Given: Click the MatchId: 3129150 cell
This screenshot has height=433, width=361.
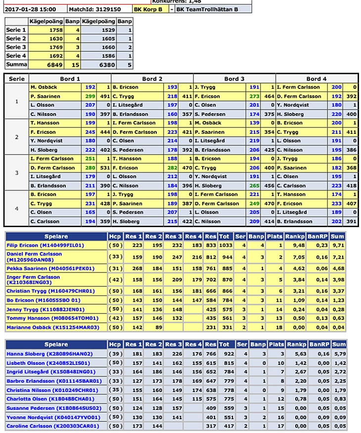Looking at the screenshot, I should [99, 9].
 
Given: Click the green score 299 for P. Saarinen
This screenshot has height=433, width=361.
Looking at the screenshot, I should [90, 96].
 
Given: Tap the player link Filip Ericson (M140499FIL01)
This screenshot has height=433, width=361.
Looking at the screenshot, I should [45, 245].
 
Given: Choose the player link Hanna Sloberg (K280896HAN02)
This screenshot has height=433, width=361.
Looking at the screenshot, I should [43, 354].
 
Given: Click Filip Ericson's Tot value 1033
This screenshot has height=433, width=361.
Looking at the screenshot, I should [225, 245].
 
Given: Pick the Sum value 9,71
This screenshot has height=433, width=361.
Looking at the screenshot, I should [339, 245].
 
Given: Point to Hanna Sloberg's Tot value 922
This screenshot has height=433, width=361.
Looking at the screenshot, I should [225, 354].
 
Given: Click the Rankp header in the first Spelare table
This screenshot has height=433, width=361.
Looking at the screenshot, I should [297, 236].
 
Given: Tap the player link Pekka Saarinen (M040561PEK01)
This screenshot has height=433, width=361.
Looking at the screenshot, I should [50, 268].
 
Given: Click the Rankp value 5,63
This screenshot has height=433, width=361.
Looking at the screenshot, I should [297, 354].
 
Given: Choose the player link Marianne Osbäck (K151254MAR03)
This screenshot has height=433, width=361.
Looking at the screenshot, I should [53, 327].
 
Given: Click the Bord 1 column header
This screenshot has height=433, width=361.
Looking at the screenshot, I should [70, 79].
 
